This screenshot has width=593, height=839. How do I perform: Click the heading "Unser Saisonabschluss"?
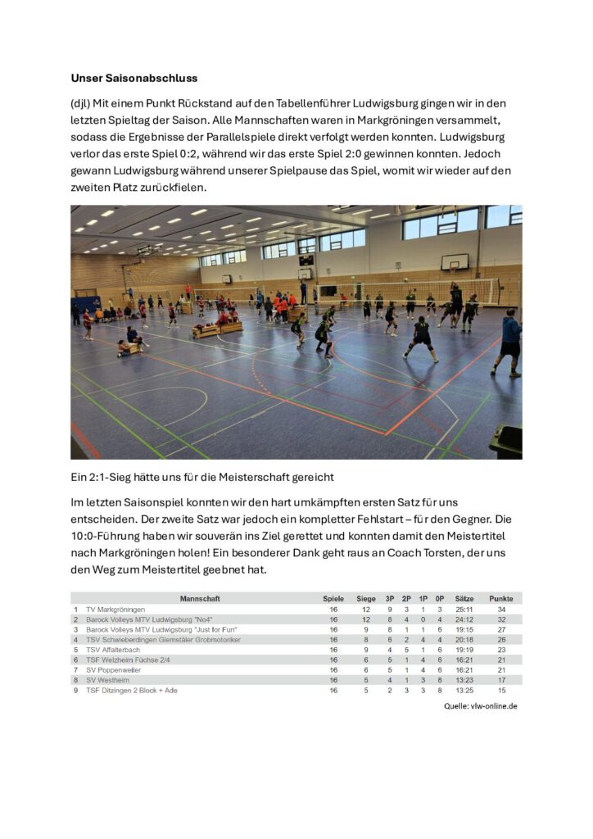134,79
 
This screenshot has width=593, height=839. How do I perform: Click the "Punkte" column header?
500,599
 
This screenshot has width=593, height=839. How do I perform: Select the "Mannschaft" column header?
200,599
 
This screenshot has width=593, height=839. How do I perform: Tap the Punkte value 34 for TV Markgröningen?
500,610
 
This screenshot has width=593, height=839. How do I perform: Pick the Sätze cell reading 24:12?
464,619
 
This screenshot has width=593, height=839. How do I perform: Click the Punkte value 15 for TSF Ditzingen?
500,690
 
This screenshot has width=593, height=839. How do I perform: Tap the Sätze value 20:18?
464,640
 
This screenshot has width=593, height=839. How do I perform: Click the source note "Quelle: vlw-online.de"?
481,705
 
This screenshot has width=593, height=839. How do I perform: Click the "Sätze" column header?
464,599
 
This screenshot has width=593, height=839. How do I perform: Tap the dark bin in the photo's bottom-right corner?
505,442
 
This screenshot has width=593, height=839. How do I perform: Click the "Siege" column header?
366,599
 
